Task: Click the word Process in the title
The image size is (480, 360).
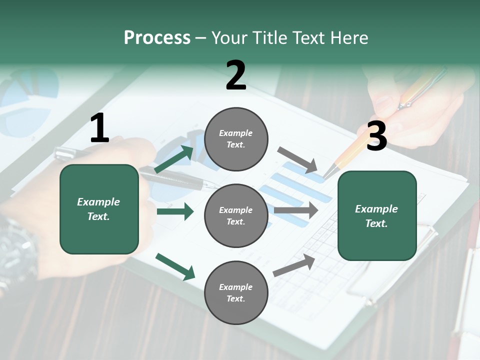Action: click(157, 38)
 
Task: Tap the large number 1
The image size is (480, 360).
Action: click(99, 128)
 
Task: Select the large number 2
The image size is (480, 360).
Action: click(236, 75)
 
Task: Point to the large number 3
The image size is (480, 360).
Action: click(376, 136)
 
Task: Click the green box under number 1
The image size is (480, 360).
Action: click(99, 209)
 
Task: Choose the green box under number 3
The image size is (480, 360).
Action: click(377, 215)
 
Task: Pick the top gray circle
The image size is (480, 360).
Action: click(236, 139)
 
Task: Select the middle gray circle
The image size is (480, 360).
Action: click(236, 215)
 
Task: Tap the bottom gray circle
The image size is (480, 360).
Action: click(236, 292)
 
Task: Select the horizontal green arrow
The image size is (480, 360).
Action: click(175, 211)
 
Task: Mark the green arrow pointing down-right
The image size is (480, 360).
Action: click(175, 266)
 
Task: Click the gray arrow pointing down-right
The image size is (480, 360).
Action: click(298, 159)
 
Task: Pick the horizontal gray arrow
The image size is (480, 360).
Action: click(296, 210)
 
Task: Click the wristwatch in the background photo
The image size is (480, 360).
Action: click(17, 250)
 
